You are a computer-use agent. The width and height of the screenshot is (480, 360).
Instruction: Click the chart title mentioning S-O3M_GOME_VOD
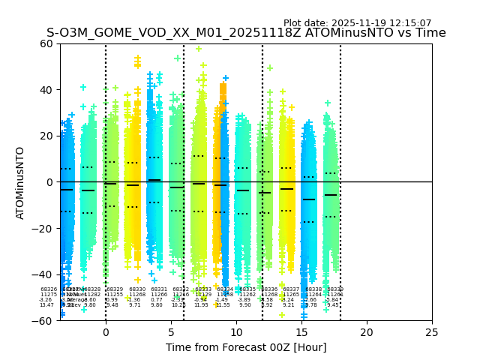(x=246, y=33)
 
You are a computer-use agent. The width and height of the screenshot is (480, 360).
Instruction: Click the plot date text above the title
(x=357, y=23)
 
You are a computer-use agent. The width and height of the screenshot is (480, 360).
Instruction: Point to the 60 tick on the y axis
(x=46, y=43)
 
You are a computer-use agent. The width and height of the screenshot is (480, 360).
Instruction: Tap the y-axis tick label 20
(x=46, y=136)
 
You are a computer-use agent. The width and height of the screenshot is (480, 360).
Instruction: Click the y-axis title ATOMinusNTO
(x=20, y=182)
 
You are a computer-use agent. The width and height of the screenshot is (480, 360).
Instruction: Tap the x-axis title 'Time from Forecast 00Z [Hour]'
(x=246, y=347)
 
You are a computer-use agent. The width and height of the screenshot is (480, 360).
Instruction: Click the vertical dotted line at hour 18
(x=340, y=112)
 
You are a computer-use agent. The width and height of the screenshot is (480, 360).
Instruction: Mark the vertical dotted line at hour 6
(x=184, y=112)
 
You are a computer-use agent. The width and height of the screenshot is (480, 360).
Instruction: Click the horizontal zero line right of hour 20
(x=397, y=181)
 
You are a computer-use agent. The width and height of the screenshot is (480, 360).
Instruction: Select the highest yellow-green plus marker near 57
(x=199, y=49)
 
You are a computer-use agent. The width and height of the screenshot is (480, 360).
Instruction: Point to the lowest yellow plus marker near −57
(x=282, y=314)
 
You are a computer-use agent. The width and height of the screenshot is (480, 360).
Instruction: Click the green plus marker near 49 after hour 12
(x=269, y=68)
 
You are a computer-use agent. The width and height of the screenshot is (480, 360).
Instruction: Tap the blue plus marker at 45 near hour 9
(x=225, y=78)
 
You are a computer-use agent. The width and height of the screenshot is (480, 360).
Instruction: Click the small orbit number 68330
(x=137, y=289)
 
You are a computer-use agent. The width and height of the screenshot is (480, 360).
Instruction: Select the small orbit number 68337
(x=291, y=289)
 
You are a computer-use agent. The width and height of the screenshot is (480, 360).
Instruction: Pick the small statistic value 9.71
(x=135, y=305)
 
